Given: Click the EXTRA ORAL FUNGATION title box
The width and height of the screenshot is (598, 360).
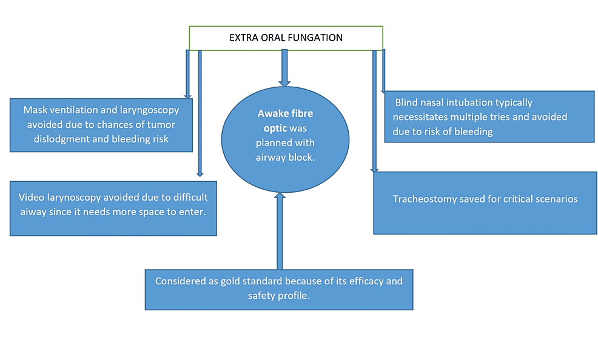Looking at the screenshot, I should click(x=286, y=38).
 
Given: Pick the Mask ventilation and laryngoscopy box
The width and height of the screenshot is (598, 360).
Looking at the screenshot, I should click(x=101, y=125).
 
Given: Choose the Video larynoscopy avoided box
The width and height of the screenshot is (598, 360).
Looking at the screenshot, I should click(x=113, y=207).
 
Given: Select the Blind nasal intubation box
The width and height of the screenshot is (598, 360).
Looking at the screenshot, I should click(x=489, y=116).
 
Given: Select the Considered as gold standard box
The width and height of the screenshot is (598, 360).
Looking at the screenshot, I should click(x=278, y=289).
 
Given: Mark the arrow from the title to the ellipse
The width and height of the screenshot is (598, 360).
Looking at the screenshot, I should click(x=284, y=67).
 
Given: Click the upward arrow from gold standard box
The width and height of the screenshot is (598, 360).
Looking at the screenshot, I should click(x=279, y=230).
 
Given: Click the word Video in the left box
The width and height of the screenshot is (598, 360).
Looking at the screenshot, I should click(x=30, y=198).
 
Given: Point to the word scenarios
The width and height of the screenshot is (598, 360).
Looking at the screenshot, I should click(x=555, y=199).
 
